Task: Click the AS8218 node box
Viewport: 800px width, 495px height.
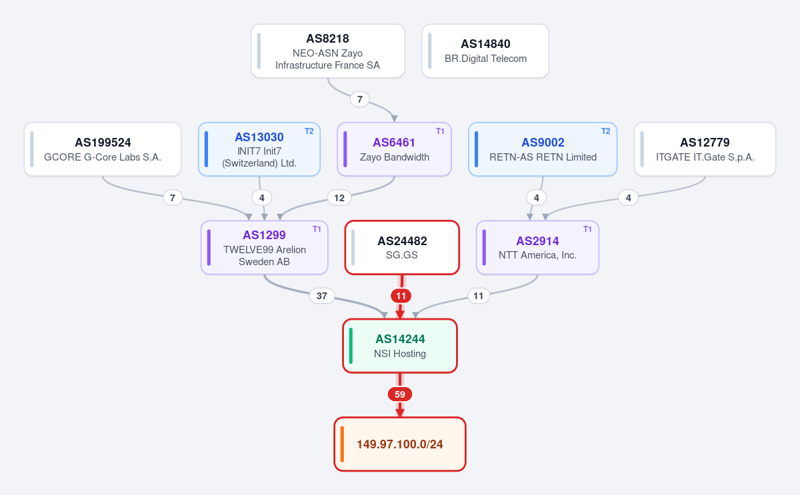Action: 328,51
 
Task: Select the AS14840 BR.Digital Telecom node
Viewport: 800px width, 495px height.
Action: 485,51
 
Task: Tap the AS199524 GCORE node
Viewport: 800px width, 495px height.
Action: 103,149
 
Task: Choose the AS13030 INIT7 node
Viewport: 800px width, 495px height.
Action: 259,149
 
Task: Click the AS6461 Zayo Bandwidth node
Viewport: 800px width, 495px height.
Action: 394,149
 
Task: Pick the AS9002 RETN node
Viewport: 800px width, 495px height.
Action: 543,149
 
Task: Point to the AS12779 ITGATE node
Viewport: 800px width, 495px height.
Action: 705,149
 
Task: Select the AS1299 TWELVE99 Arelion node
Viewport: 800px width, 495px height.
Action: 264,248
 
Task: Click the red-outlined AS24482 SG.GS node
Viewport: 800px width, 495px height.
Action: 402,248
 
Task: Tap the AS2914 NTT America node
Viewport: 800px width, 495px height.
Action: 537,248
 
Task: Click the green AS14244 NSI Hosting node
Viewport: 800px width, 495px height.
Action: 400,346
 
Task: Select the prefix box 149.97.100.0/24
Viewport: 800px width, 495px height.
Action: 400,444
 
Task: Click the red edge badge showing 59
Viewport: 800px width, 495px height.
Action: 400,394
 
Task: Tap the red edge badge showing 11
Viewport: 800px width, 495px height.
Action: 401,296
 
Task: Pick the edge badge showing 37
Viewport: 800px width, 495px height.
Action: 322,296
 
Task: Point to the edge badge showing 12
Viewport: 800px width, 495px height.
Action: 339,198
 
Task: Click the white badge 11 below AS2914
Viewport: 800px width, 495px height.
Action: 479,296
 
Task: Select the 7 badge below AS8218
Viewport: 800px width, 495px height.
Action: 359,99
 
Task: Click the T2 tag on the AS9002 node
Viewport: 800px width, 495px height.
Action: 606,131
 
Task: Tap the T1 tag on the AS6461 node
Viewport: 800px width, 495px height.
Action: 440,131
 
